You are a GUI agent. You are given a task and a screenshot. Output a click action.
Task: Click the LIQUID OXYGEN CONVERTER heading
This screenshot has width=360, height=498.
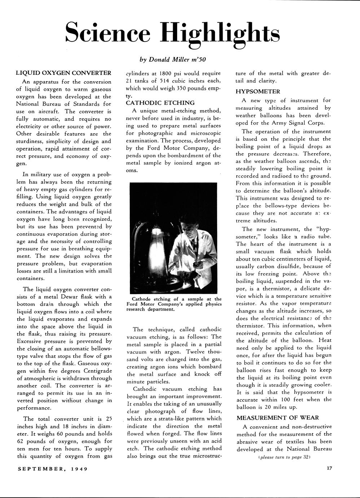pos(63,73)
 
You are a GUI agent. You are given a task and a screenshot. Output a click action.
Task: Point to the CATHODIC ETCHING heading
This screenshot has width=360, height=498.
pos(160,103)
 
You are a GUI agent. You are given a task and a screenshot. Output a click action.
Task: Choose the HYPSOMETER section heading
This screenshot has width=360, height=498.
pos(258,92)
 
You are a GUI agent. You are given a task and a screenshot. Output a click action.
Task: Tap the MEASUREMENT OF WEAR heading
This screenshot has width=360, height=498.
pos(278,418)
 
